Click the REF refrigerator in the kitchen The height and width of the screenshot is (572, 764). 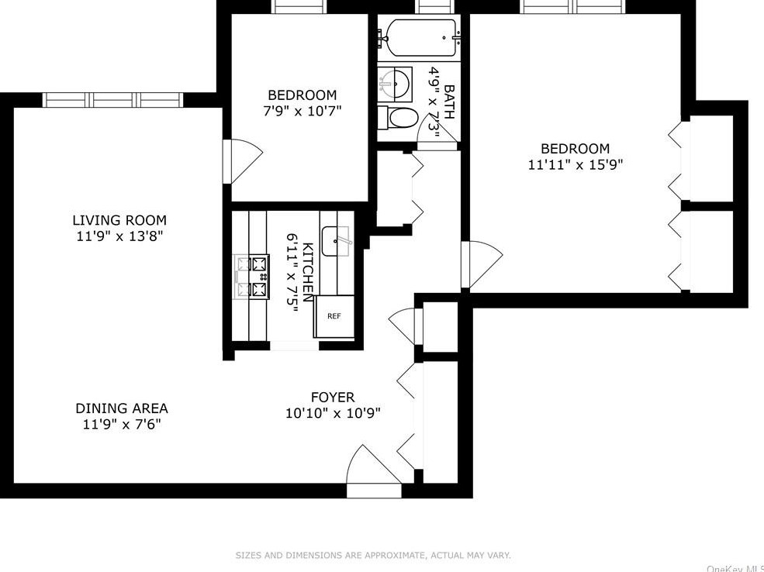pyautogui.click(x=334, y=316)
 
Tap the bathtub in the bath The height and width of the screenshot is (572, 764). pyautogui.click(x=420, y=37)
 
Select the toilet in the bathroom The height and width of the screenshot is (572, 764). pyautogui.click(x=398, y=119)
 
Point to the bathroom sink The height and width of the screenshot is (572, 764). pyautogui.click(x=395, y=84)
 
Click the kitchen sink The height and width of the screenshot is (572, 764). pyautogui.click(x=337, y=242)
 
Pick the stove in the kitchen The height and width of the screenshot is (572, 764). pyautogui.click(x=251, y=277)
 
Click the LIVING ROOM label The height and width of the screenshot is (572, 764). pyautogui.click(x=119, y=220)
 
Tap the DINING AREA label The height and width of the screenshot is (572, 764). pyautogui.click(x=122, y=408)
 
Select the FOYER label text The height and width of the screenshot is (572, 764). pyautogui.click(x=333, y=398)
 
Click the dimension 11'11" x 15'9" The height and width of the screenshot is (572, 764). pyautogui.click(x=576, y=164)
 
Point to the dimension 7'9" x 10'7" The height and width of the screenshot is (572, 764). pyautogui.click(x=302, y=111)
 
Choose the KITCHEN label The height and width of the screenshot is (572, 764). pyautogui.click(x=308, y=272)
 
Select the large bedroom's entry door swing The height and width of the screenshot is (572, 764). pyautogui.click(x=482, y=265)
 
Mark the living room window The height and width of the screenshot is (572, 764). pyautogui.click(x=112, y=100)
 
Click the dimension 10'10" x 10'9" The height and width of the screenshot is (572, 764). pyautogui.click(x=333, y=414)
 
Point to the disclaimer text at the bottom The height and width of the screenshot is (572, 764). pyautogui.click(x=373, y=555)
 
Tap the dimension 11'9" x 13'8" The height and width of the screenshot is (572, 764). pyautogui.click(x=119, y=236)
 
